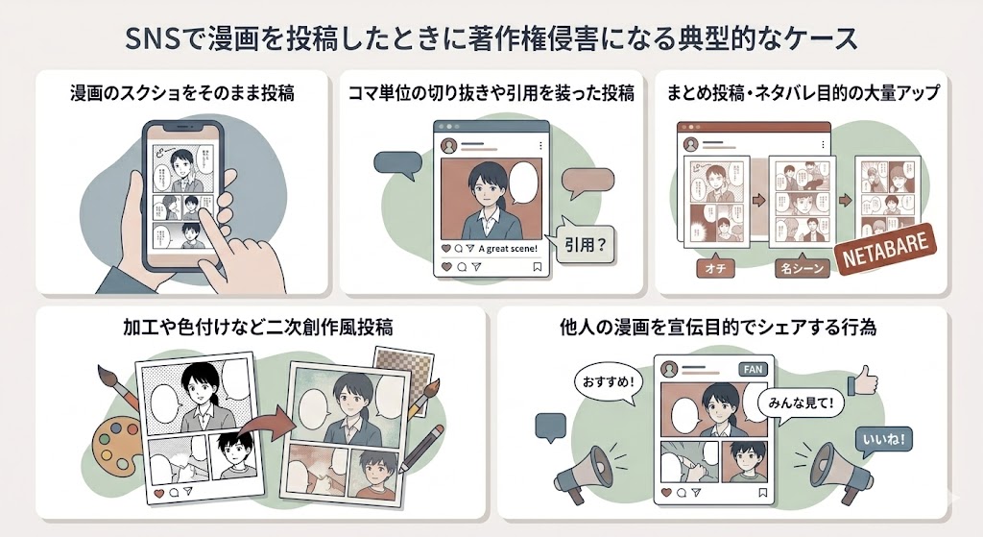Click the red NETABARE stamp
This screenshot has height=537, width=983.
(884, 253)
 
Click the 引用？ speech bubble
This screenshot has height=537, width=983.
(581, 245)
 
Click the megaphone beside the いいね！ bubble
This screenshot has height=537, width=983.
(831, 470)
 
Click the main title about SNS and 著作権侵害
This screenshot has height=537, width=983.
(491, 39)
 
